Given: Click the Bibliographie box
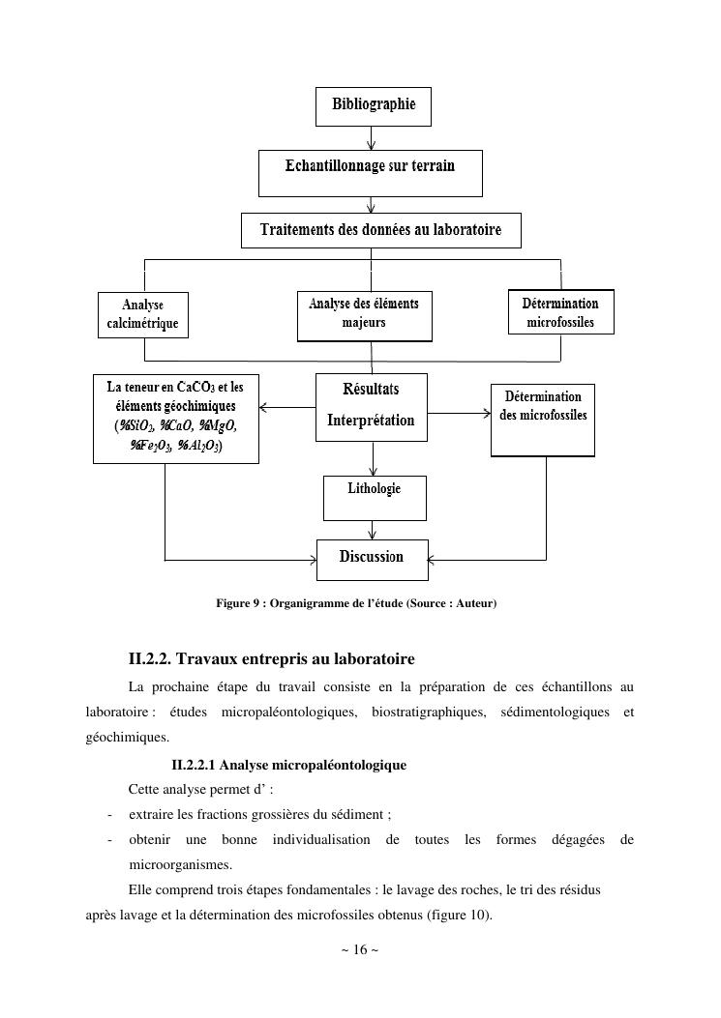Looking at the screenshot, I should coord(373,105).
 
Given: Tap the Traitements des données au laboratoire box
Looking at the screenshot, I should coord(380,230).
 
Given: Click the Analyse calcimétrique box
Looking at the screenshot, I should coord(143,315).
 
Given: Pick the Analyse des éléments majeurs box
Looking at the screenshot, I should coord(364,315).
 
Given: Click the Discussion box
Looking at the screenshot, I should coord(372,559).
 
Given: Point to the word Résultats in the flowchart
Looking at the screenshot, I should coord(371,390).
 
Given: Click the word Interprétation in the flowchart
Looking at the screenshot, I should coord(371,421).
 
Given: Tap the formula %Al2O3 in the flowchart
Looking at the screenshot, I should coord(197,446).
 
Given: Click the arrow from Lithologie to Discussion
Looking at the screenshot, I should coord(373,529).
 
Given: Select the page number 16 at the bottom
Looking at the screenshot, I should coord(360,949).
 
